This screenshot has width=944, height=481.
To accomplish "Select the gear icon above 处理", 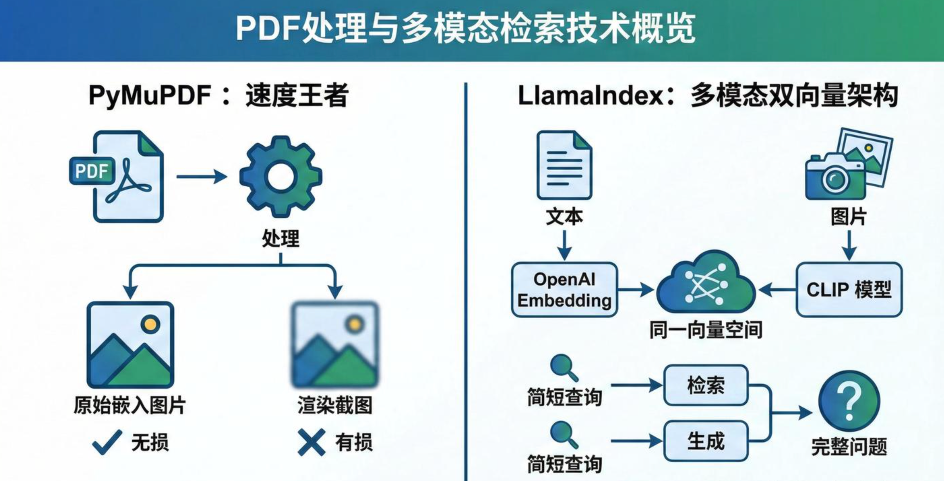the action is pyautogui.click(x=281, y=176).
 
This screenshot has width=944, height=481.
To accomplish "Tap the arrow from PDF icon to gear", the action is pyautogui.click(x=201, y=176).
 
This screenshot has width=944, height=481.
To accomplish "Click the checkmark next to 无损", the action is pyautogui.click(x=107, y=442).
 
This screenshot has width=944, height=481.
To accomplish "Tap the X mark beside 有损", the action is pyautogui.click(x=311, y=442).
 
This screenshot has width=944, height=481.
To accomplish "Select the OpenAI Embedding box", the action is pyautogui.click(x=564, y=290).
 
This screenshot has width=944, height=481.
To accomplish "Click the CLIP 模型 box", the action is pyautogui.click(x=849, y=290).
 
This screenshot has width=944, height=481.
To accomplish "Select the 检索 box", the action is pyautogui.click(x=705, y=385).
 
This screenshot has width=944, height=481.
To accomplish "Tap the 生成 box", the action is pyautogui.click(x=705, y=441).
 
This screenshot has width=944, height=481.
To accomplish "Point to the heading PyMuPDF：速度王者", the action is pyautogui.click(x=218, y=96).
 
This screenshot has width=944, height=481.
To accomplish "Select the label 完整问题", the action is pyautogui.click(x=849, y=446).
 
